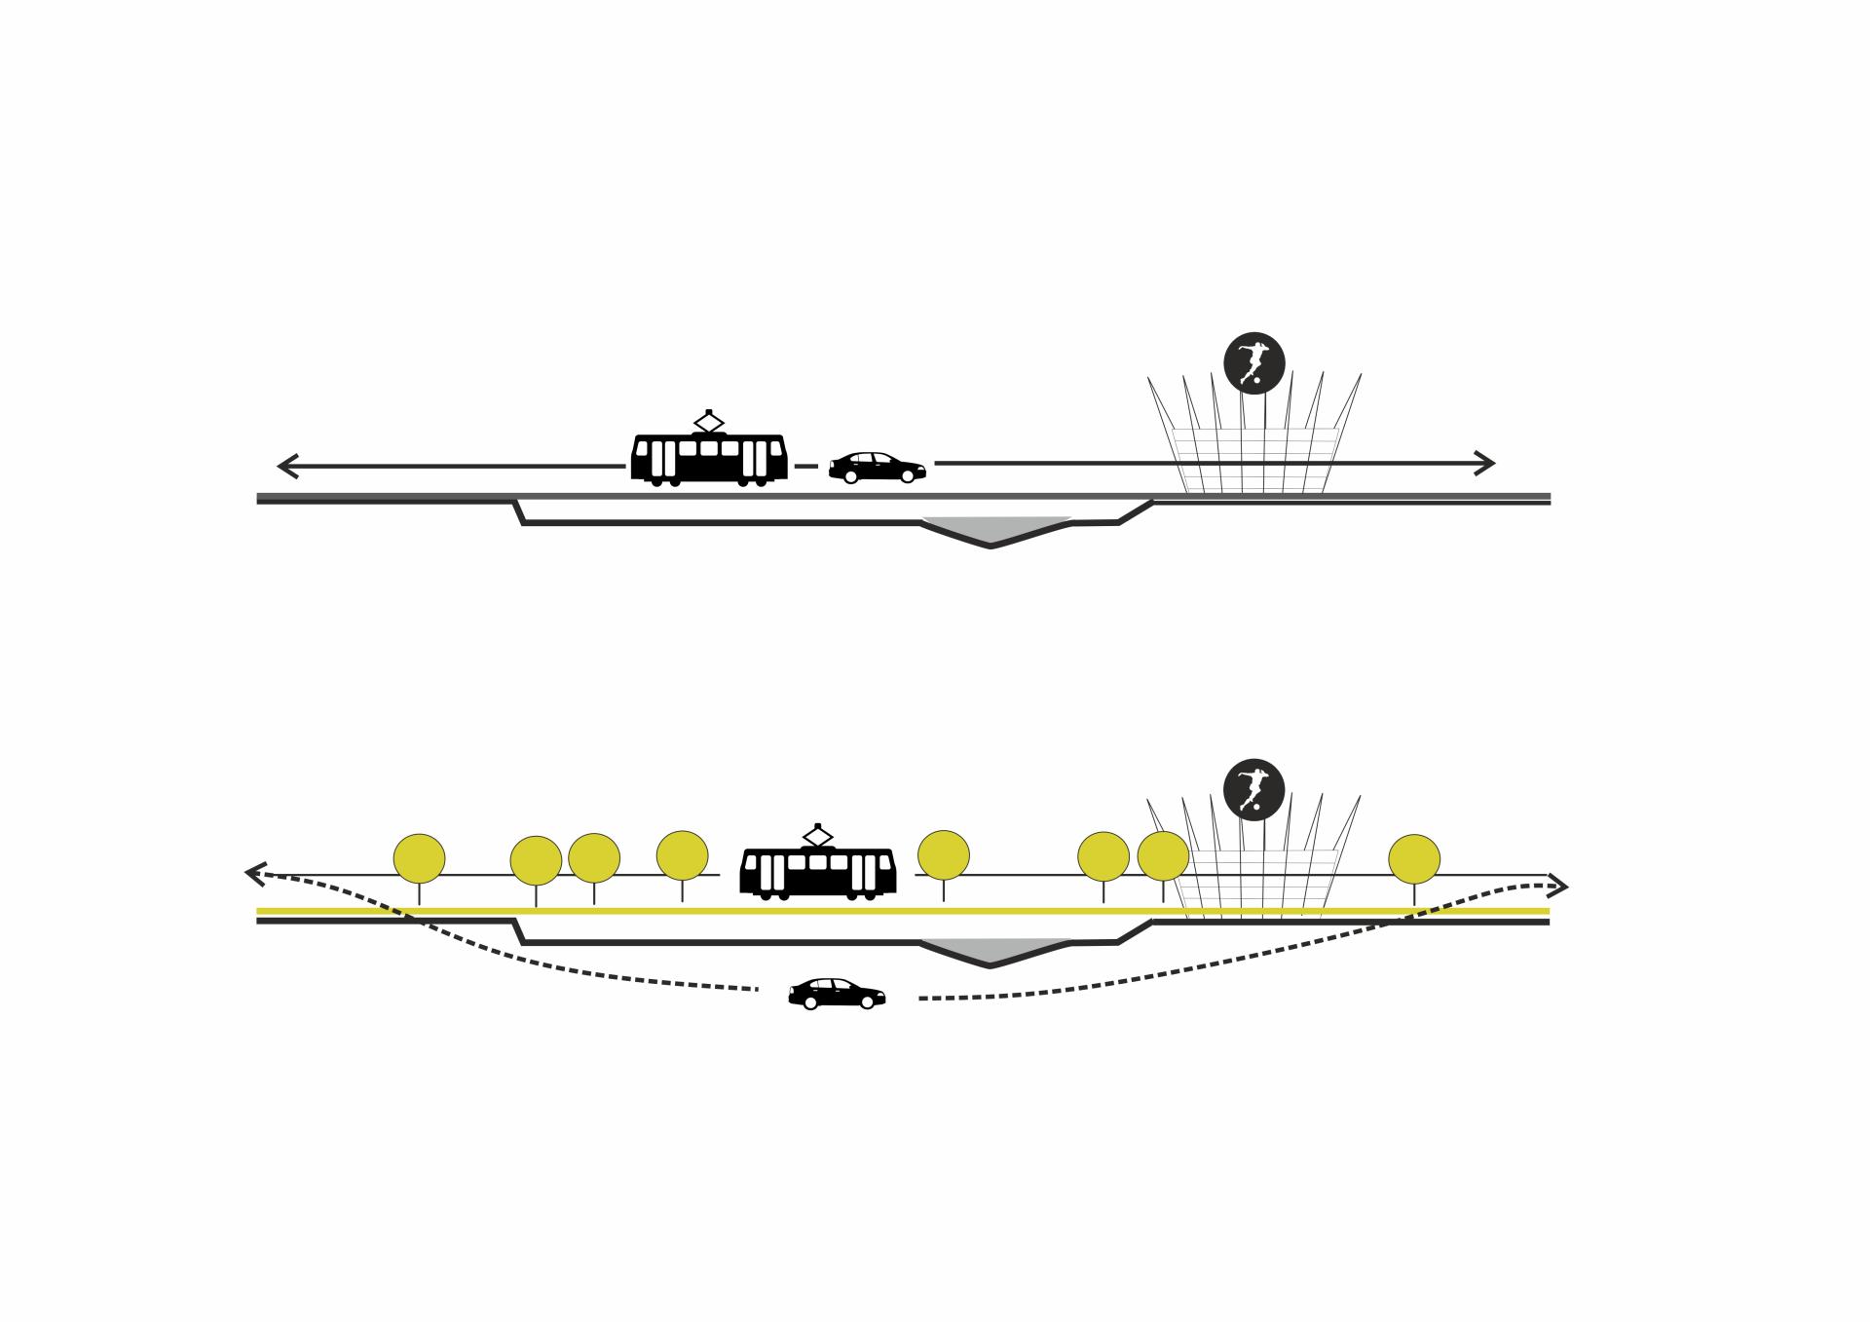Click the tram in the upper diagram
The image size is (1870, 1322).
pyautogui.click(x=709, y=458)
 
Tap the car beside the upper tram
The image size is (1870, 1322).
pyautogui.click(x=877, y=468)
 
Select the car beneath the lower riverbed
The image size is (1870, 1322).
pyautogui.click(x=837, y=993)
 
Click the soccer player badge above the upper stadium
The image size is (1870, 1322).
pyautogui.click(x=1254, y=362)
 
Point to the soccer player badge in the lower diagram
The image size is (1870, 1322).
pyautogui.click(x=1254, y=789)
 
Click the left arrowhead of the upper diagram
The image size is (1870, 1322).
pyautogui.click(x=285, y=466)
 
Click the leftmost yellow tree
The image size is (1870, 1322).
pyautogui.click(x=419, y=858)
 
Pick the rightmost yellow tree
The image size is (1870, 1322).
pyautogui.click(x=1414, y=858)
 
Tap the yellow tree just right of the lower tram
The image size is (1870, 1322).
pyautogui.click(x=944, y=854)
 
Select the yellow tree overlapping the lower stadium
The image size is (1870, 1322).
pyautogui.click(x=1163, y=855)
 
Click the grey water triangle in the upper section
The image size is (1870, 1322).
pyautogui.click(x=993, y=528)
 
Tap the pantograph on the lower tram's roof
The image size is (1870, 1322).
pyautogui.click(x=817, y=835)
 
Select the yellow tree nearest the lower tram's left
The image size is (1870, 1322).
pyautogui.click(x=682, y=854)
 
